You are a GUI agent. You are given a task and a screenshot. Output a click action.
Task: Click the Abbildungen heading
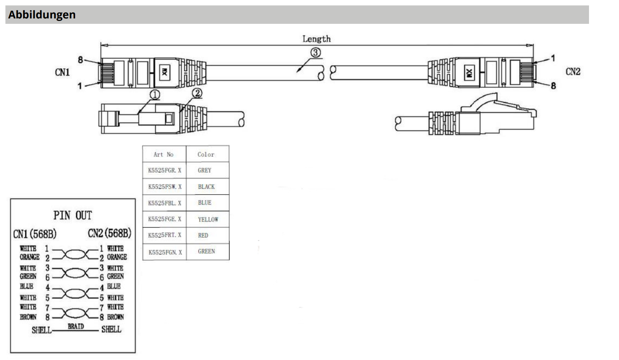[42, 15]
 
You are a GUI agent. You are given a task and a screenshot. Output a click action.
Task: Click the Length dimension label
[316, 39]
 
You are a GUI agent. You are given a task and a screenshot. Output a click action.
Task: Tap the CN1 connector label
[62, 72]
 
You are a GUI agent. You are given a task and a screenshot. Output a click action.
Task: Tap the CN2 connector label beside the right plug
[573, 71]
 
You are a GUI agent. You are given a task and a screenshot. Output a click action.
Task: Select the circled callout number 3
[315, 53]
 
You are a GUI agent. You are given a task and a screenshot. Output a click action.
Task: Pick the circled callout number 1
[155, 95]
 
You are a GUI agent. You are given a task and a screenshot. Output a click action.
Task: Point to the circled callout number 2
[197, 94]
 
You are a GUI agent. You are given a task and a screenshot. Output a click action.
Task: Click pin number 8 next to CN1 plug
[80, 60]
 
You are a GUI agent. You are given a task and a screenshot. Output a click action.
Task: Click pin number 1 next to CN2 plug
[553, 58]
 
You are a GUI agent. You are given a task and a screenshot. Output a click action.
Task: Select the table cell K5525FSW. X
[164, 187]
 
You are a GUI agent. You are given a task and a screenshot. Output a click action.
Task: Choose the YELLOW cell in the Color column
[208, 219]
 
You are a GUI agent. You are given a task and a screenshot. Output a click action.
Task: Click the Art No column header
[164, 155]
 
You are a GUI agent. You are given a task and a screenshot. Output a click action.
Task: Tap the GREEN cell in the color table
[206, 251]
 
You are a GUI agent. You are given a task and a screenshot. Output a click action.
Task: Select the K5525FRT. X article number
[164, 235]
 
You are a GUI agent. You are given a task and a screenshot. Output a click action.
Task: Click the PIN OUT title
[73, 216]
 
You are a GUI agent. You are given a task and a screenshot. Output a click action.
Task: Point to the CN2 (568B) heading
[109, 233]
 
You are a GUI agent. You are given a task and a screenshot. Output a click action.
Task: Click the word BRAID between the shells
[76, 326]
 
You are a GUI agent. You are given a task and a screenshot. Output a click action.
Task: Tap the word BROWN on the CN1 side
[28, 317]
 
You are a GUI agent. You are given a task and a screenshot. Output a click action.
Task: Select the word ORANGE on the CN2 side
[117, 257]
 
